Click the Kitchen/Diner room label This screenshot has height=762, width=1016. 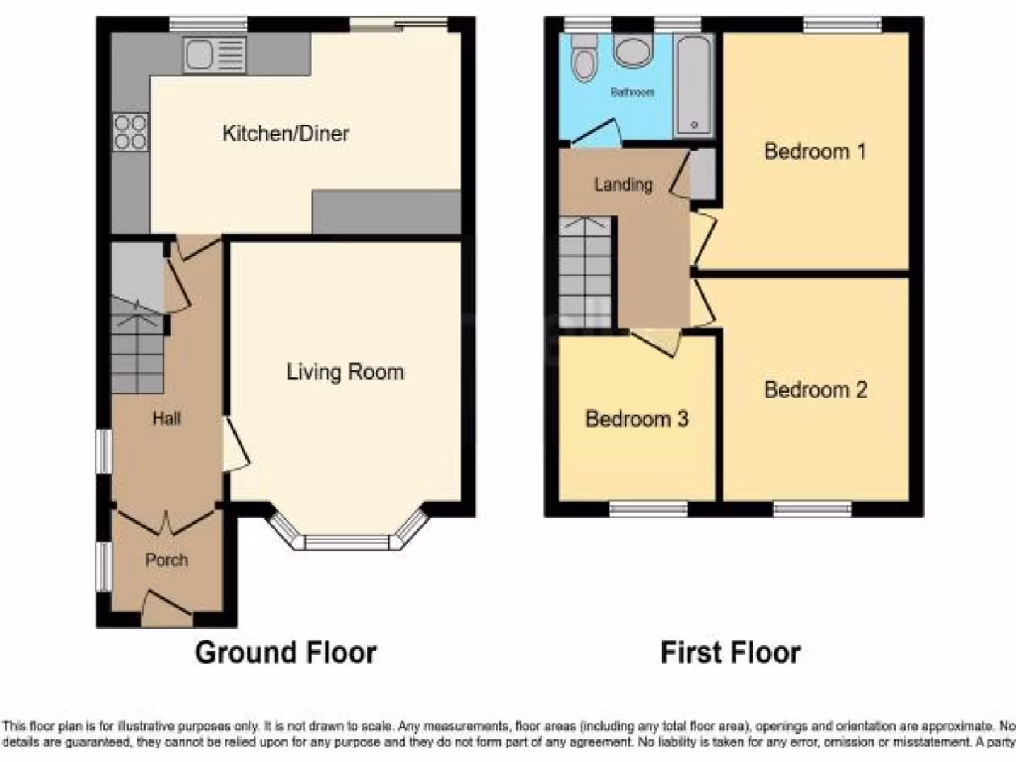pos(286,133)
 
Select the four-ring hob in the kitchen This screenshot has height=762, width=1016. pos(130,132)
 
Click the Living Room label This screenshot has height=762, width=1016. pos(345,372)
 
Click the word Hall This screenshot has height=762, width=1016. pos(166,420)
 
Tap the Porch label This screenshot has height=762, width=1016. pos(167,560)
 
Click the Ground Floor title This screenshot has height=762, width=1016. pos(286,653)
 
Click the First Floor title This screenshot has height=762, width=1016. pos(730,653)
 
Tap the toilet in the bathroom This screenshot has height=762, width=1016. pos(583,61)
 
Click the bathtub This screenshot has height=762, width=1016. pos(693,84)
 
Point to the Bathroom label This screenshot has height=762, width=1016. pos(632,92)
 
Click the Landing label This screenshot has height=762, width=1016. pos(623,185)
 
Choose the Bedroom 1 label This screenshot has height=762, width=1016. pos(816,152)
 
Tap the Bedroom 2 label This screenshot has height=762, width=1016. pos(816,390)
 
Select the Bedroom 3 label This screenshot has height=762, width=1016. pos(637,419)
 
